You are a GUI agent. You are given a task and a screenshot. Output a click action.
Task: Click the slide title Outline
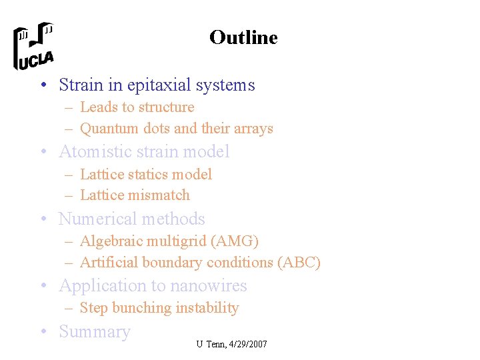(x=243, y=37)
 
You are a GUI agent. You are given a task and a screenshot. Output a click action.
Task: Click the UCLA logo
(x=33, y=46)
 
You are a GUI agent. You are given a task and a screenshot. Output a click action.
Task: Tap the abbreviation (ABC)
(x=299, y=263)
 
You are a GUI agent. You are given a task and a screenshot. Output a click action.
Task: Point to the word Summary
(x=95, y=332)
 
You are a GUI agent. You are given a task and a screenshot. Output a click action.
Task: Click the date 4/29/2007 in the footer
(x=247, y=344)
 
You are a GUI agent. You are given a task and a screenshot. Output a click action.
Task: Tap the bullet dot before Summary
(x=43, y=332)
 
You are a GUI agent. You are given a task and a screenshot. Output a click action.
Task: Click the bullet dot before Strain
(x=43, y=85)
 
